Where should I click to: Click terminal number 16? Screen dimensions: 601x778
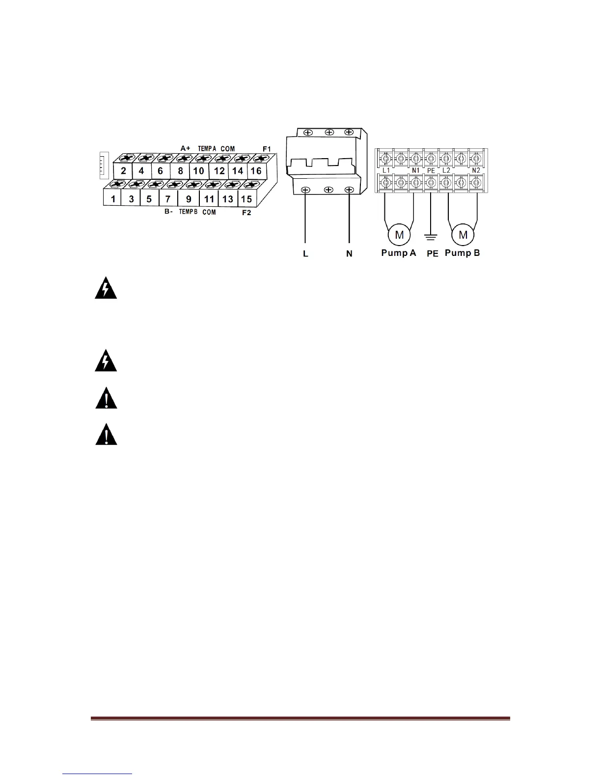pos(256,171)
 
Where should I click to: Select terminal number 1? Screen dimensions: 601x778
pos(113,199)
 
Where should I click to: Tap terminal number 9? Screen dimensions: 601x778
pos(189,199)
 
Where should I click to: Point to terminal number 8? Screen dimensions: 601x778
pos(180,171)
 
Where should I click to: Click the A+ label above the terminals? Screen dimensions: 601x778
pos(185,148)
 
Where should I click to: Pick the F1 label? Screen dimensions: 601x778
pos(267,148)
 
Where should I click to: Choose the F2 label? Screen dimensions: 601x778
pos(246,213)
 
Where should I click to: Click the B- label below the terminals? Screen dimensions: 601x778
pos(168,212)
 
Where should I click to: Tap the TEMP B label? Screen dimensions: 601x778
pos(188,212)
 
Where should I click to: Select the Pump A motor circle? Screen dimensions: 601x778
pos(399,235)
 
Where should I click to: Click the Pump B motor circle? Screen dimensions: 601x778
pos(463,235)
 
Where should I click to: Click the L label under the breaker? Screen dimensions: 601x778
pos(305,254)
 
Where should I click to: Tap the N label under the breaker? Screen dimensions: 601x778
pos(349,254)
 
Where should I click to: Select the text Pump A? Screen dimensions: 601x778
pos(399,253)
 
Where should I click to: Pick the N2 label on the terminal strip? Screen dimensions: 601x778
pos(476,170)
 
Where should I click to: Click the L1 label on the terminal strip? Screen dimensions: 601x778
pos(386,170)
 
